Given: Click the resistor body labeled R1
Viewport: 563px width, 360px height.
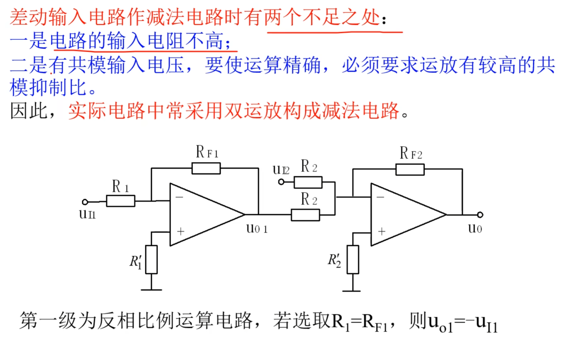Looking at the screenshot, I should [120, 201].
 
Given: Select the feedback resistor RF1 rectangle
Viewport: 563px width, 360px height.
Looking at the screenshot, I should [206, 168].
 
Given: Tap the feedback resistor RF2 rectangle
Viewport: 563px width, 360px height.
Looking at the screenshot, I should [410, 170].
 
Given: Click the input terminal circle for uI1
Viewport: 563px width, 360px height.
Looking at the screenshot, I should [85, 202].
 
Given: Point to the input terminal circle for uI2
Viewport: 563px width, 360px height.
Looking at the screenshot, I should [281, 182].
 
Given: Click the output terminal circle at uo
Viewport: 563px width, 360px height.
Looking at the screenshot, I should [480, 215].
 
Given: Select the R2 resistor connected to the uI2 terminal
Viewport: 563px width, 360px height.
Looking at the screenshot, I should [308, 182].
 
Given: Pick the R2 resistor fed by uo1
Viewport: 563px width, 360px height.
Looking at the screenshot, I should [305, 215].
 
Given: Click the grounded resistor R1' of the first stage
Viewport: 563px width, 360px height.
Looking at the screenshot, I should [151, 259].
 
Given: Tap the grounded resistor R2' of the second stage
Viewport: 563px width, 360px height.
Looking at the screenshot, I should [353, 259].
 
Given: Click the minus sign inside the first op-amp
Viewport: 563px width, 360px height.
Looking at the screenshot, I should [179, 197].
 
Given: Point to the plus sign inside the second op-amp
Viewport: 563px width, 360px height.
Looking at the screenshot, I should [382, 231].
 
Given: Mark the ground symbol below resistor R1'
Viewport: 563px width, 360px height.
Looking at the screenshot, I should [151, 289].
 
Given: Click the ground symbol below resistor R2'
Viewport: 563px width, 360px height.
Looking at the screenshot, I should [352, 290].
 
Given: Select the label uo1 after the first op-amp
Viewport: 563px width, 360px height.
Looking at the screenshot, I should [257, 229].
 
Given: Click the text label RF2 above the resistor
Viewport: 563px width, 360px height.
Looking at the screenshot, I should [411, 153].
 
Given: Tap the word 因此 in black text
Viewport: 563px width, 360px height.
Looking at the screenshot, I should [29, 111].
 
